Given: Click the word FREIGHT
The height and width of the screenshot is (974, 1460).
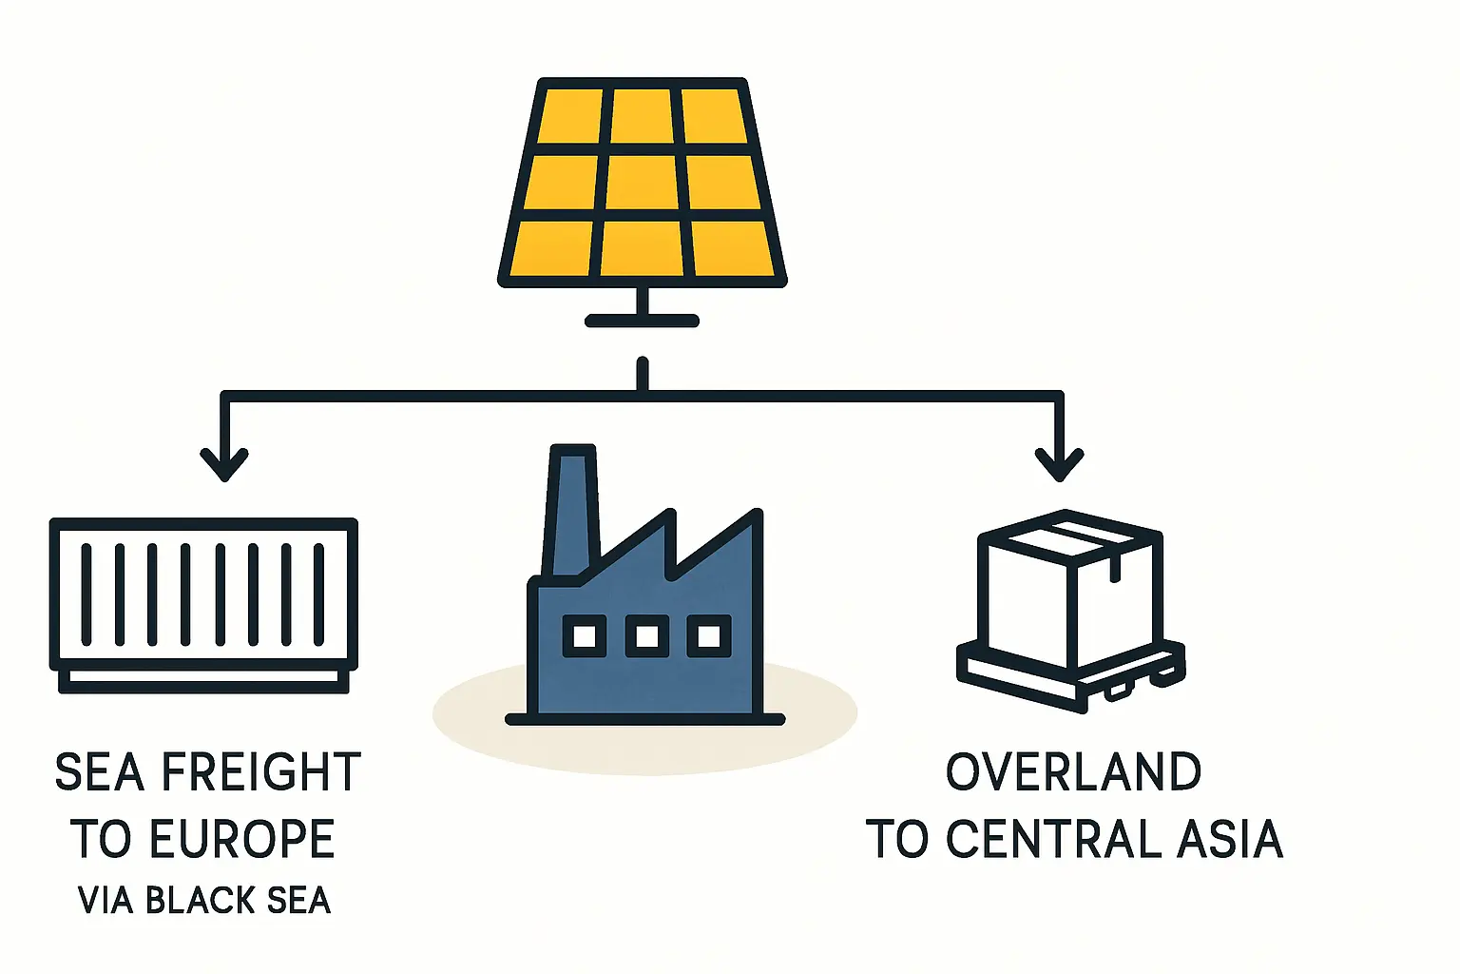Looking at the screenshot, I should [261, 771].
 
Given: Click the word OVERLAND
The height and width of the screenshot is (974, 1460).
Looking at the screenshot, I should [1074, 771].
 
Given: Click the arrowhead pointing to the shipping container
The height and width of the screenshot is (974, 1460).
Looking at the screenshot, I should [224, 465].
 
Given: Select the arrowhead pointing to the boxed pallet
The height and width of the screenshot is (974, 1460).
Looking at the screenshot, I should [1060, 465].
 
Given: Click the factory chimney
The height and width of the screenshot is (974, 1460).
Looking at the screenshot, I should [571, 509].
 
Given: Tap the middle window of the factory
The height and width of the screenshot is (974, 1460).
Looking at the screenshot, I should [647, 635].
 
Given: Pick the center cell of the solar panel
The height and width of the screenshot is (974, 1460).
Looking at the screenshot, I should [643, 183].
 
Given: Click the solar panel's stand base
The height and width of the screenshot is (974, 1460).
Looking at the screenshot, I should [643, 321].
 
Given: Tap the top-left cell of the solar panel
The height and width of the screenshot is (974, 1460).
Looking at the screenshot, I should [570, 116].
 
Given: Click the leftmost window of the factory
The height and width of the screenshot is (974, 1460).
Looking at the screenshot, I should [585, 635].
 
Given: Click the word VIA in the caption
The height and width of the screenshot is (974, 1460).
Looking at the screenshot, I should [106, 900].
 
